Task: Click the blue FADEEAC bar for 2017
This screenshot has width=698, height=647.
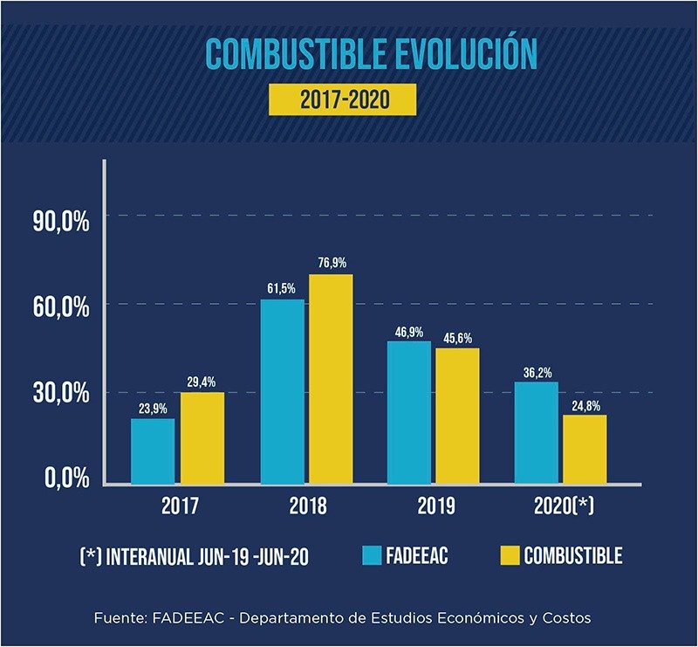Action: click(153, 451)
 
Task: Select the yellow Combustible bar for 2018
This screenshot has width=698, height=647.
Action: click(330, 378)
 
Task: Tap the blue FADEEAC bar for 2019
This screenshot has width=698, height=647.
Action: click(409, 411)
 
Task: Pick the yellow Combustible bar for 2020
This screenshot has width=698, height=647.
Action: click(585, 449)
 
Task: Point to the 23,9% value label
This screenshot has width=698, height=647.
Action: click(153, 407)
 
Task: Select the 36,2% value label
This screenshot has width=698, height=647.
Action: click(536, 372)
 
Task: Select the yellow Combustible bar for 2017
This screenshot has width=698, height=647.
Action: click(202, 437)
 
